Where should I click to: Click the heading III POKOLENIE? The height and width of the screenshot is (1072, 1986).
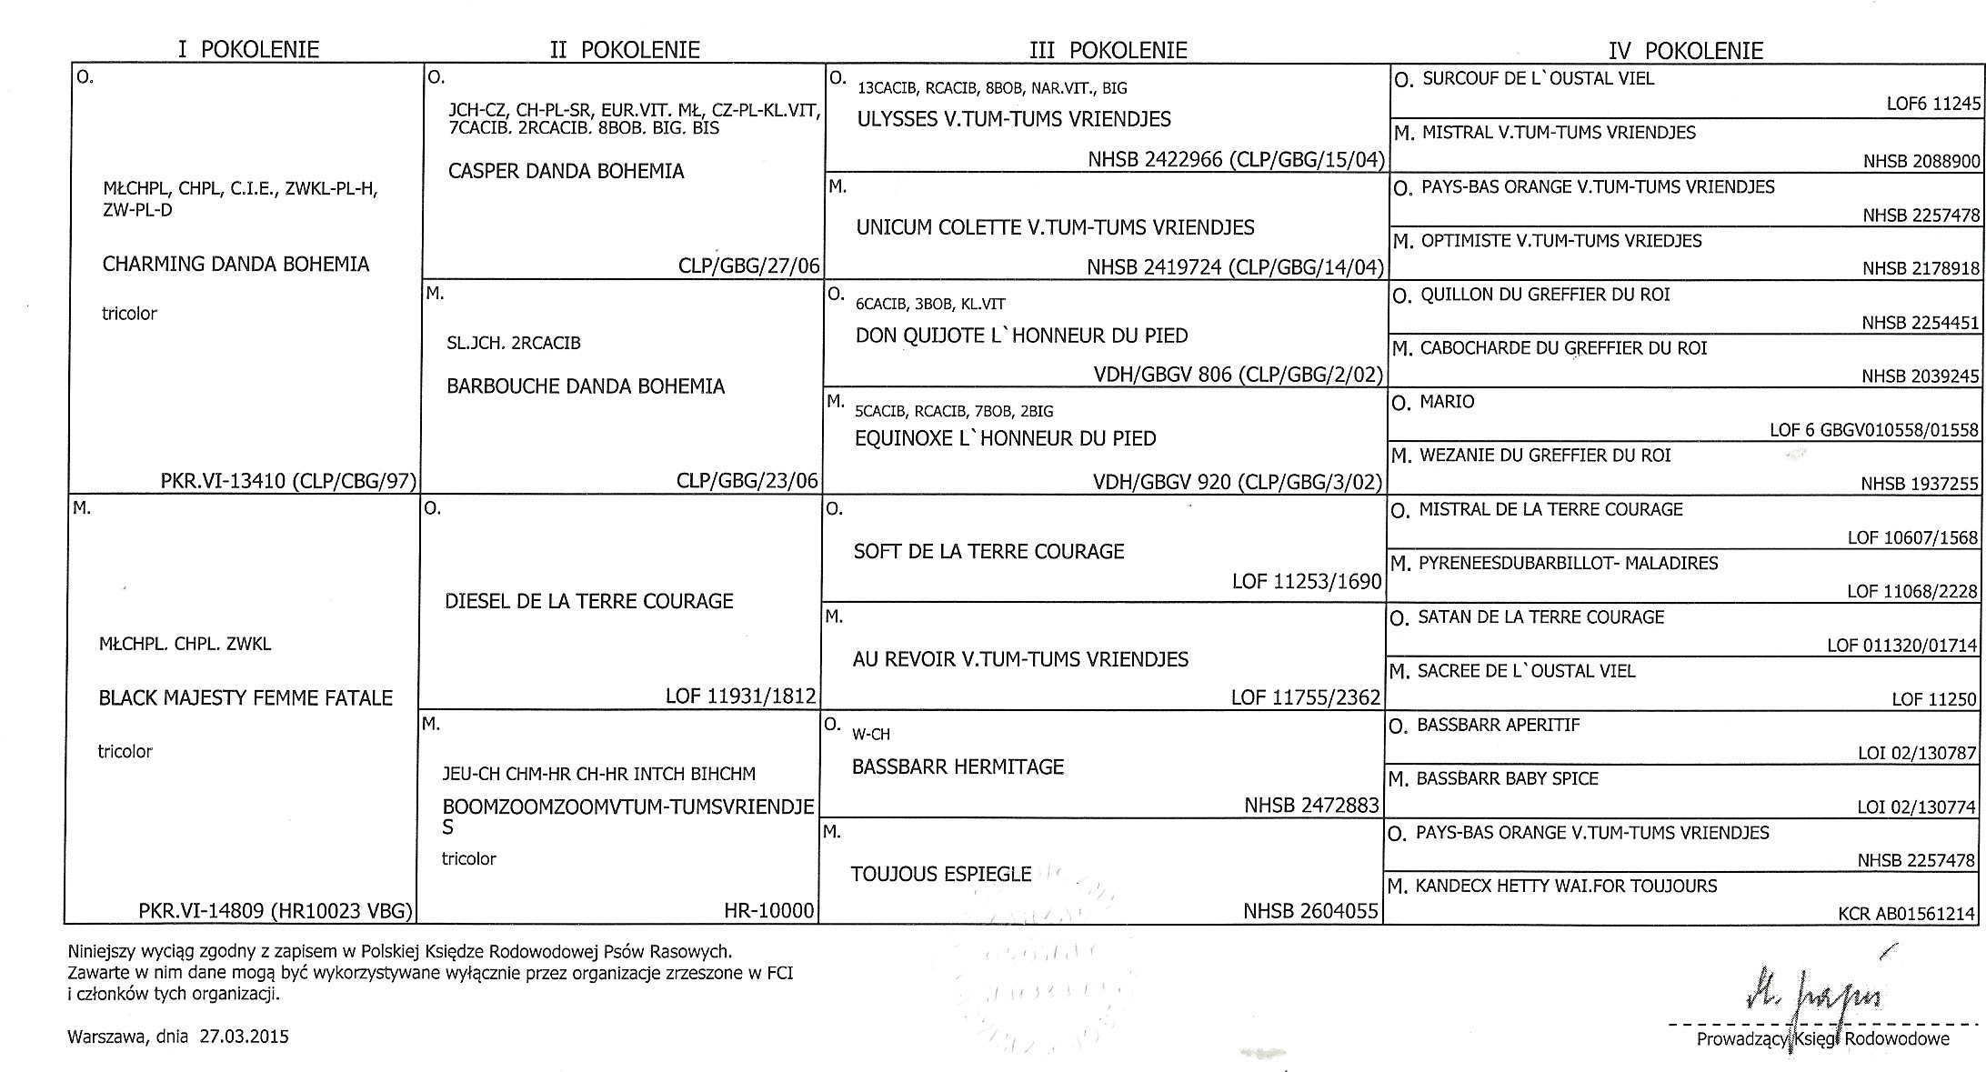coord(1108,50)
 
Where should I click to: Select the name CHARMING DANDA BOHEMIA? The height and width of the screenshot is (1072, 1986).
coord(236,265)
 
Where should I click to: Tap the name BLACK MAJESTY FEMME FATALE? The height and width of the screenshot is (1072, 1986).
coord(246,698)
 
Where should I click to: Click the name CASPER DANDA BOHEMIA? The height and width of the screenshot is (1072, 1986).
coord(566,171)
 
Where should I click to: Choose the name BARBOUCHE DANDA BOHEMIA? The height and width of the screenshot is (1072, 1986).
coord(586,386)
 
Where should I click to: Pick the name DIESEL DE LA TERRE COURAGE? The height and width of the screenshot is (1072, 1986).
coord(588,601)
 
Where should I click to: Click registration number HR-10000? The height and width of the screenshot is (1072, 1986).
coord(768,910)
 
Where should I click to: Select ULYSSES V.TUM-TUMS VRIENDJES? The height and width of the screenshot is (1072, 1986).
coord(1014,119)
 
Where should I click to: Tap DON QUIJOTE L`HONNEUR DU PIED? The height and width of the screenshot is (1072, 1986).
coord(1021,336)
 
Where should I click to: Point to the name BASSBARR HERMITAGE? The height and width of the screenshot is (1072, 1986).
coord(958,766)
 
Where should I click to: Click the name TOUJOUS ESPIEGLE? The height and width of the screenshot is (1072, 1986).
coord(940,874)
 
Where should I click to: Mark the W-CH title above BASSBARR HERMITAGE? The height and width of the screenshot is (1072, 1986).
coord(870,734)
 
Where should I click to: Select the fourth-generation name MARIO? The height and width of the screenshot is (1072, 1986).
coord(1447,402)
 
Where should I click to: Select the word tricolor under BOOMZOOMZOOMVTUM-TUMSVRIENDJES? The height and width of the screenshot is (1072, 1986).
coord(468,858)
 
